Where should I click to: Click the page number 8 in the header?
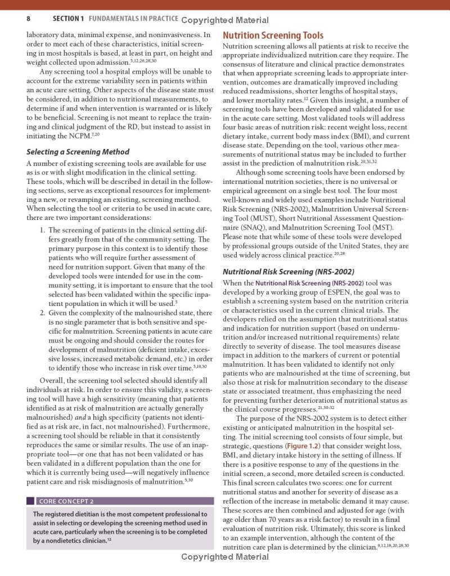tap(28, 19)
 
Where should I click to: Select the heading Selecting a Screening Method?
tap(78, 152)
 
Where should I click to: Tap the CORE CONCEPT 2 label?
tap(66, 501)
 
